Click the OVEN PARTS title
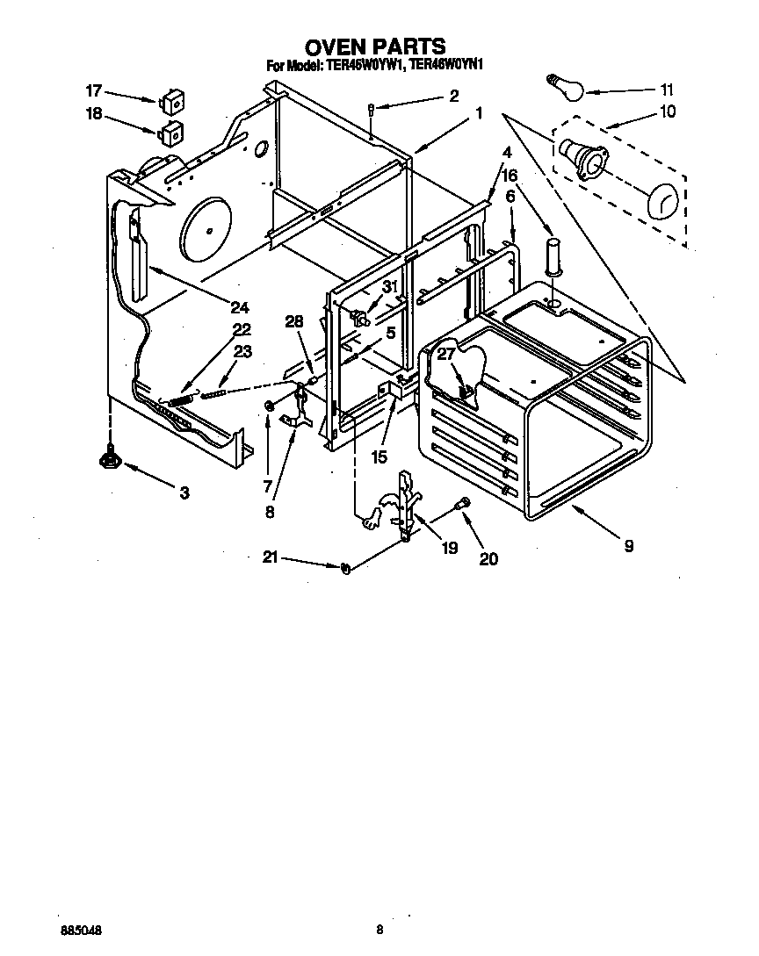pos(374,46)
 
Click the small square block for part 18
pos(170,133)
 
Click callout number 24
pos(240,307)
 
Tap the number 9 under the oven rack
pos(629,546)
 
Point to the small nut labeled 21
pos(345,570)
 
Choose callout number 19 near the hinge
pos(450,548)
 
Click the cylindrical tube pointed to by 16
pos(553,254)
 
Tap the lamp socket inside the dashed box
pos(584,159)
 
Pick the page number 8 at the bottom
pos(379,929)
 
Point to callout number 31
pos(390,286)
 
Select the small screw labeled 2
pos(372,110)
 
